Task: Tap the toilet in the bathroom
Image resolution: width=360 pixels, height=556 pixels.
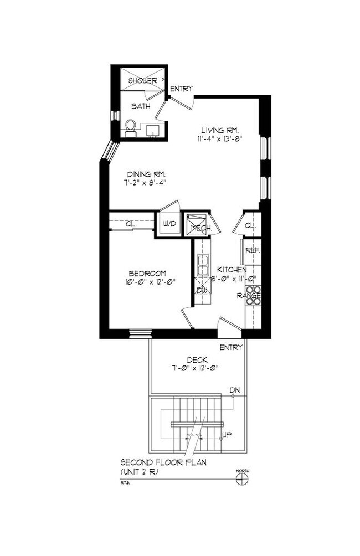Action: pos(131,128)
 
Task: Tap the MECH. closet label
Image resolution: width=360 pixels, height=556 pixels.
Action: pos(198,227)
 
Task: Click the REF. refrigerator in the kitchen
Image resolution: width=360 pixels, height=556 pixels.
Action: pos(253,250)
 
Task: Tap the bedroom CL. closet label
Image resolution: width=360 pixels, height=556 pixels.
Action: pos(131,224)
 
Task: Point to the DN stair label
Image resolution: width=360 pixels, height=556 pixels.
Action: pos(235,391)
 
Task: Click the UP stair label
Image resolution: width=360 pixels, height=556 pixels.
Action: pos(227,435)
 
